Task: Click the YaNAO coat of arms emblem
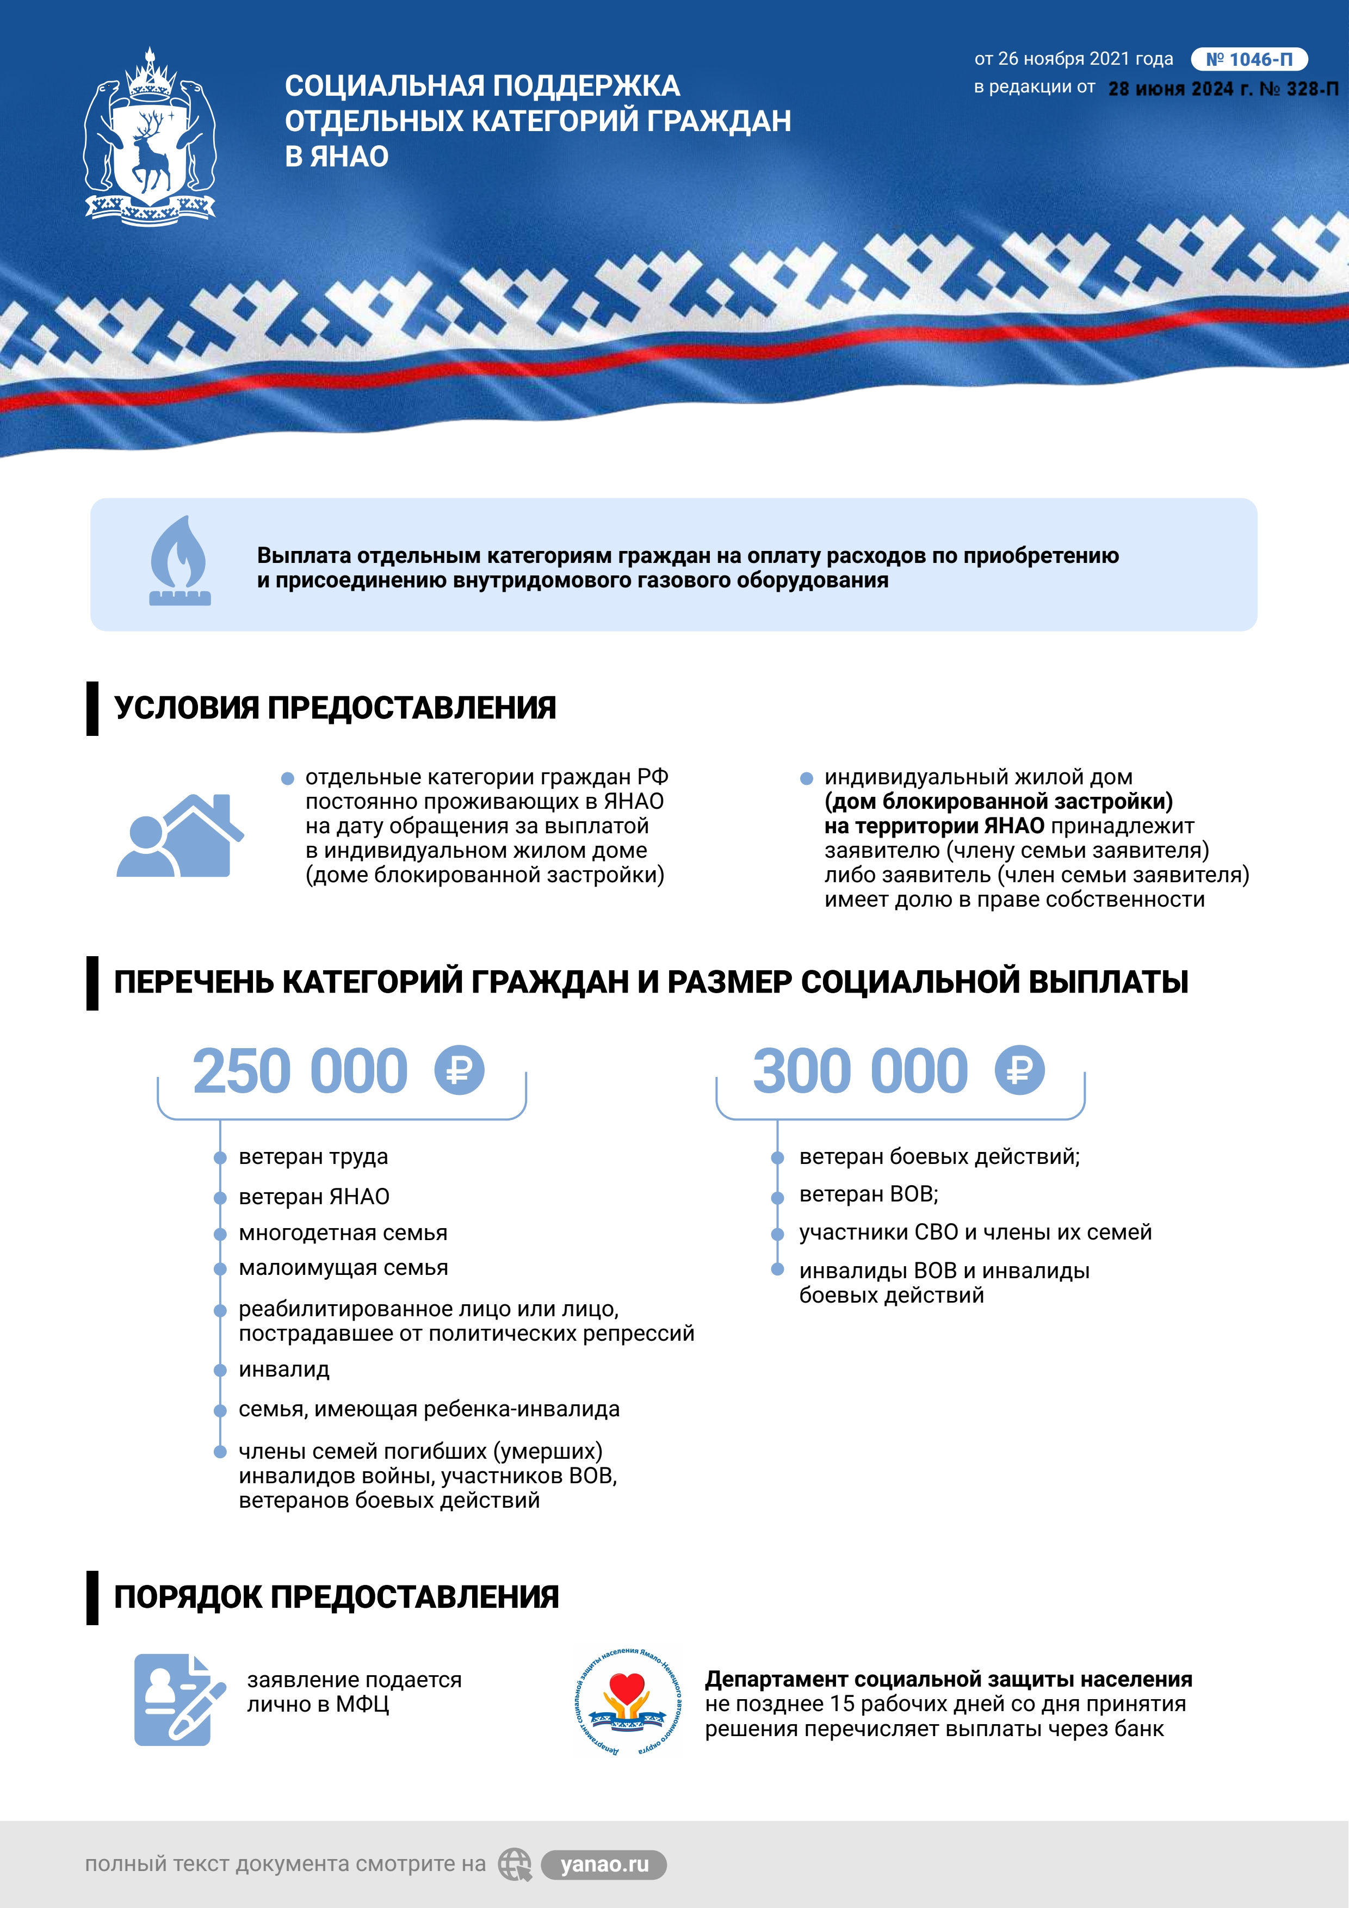(150, 137)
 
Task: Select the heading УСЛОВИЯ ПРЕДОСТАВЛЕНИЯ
(335, 708)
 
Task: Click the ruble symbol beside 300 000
(1019, 1070)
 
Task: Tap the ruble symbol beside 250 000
(459, 1070)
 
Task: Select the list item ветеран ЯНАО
(314, 1197)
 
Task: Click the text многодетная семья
(343, 1233)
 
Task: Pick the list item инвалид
(284, 1370)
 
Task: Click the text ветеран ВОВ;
(869, 1194)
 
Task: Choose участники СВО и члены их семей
(975, 1232)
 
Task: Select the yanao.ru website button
(604, 1865)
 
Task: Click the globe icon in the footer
(515, 1865)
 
